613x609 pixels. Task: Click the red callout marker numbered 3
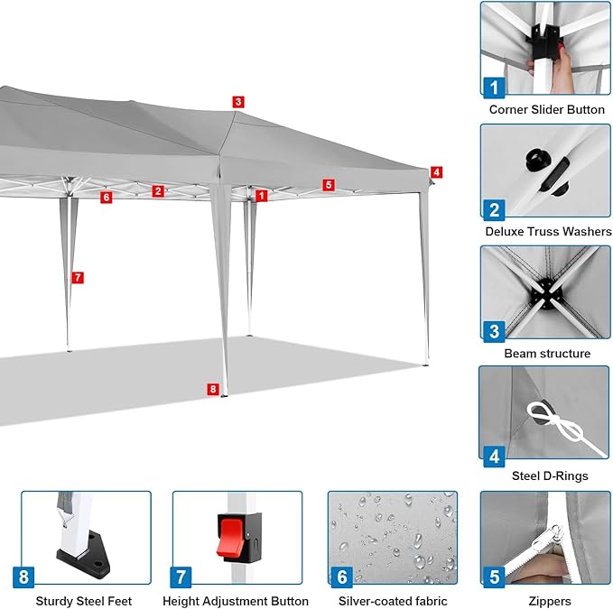pyautogui.click(x=238, y=102)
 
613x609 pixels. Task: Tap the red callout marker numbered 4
pyautogui.click(x=436, y=172)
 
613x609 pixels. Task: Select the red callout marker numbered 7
pyautogui.click(x=78, y=277)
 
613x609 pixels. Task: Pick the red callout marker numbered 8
pyautogui.click(x=213, y=389)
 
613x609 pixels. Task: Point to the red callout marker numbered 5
pyautogui.click(x=329, y=185)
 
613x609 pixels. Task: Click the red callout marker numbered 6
pyautogui.click(x=106, y=198)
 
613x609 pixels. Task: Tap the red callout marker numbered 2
pyautogui.click(x=158, y=191)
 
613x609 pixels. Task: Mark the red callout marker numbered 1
pyautogui.click(x=261, y=196)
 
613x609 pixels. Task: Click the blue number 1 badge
pyautogui.click(x=494, y=88)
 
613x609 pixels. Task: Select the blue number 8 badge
pyautogui.click(x=23, y=577)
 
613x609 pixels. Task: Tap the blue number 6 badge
pyautogui.click(x=341, y=577)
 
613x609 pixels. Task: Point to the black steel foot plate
pyautogui.click(x=84, y=552)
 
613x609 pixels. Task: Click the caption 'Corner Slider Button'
pyautogui.click(x=546, y=109)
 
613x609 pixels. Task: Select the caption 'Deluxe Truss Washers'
pyautogui.click(x=548, y=231)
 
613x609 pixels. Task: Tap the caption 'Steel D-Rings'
pyautogui.click(x=550, y=475)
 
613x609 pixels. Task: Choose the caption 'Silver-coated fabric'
pyautogui.click(x=393, y=601)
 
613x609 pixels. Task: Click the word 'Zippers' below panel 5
pyautogui.click(x=549, y=601)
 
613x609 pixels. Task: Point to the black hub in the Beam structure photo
pyautogui.click(x=546, y=292)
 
